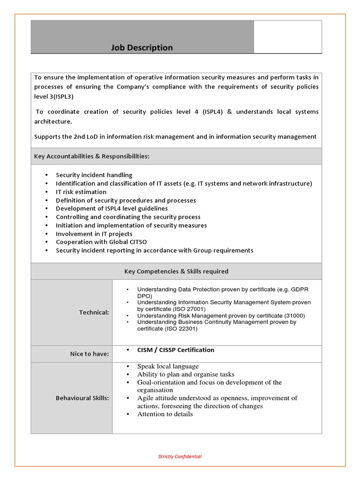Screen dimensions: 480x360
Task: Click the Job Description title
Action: pos(142,47)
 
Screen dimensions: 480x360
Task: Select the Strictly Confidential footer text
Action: pos(180,456)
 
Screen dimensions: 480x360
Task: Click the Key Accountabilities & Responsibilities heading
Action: pos(92,156)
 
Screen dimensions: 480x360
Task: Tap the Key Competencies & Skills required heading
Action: pos(176,271)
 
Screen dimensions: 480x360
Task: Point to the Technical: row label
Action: pos(94,312)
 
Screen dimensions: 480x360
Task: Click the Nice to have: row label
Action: pos(90,354)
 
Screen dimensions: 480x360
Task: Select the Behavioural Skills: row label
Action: pos(82,398)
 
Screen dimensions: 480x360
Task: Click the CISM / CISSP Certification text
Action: pos(175,350)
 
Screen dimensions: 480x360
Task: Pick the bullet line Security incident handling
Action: pos(94,175)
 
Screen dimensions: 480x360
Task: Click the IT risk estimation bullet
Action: pos(81,192)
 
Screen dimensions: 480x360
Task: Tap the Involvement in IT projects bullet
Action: pos(94,233)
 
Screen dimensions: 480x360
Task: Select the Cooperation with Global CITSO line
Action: pos(101,242)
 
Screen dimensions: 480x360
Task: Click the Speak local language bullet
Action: pos(168,366)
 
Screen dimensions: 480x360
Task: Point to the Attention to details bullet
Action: pos(165,414)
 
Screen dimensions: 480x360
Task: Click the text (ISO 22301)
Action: pos(181,329)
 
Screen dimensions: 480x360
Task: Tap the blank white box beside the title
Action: pos(288,37)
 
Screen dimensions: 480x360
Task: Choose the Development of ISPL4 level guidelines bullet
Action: pos(112,208)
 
